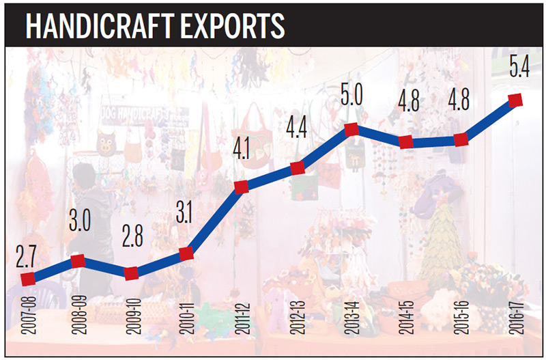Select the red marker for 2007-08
[x=28, y=279]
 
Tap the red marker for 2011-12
[x=242, y=187]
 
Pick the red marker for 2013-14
[x=351, y=129]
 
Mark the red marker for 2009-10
[x=132, y=273]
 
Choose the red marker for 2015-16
[x=461, y=140]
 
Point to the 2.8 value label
[x=132, y=243]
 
